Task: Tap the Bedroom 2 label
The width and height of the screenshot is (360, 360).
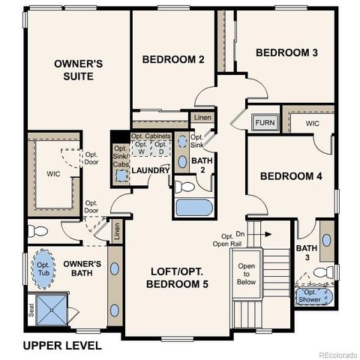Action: pos(173,60)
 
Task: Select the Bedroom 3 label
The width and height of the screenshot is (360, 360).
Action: pos(287,52)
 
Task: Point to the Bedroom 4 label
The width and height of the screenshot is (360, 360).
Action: pos(291,176)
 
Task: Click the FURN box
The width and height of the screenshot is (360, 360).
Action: pos(264,123)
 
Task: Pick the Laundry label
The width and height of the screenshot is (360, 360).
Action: pos(150,171)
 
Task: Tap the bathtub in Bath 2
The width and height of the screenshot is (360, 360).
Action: pos(194,208)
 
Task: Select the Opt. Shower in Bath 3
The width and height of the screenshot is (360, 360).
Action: pos(314,296)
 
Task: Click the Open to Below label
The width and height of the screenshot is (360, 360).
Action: pos(247,274)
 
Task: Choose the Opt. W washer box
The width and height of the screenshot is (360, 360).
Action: pos(141,148)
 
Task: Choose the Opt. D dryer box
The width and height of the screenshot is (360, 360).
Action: pos(160,148)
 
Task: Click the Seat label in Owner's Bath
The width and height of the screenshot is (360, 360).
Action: pos(31,309)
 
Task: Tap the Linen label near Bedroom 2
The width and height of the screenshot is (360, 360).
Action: pos(202,118)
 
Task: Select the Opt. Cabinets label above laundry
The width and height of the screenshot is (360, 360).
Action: pos(151,136)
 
